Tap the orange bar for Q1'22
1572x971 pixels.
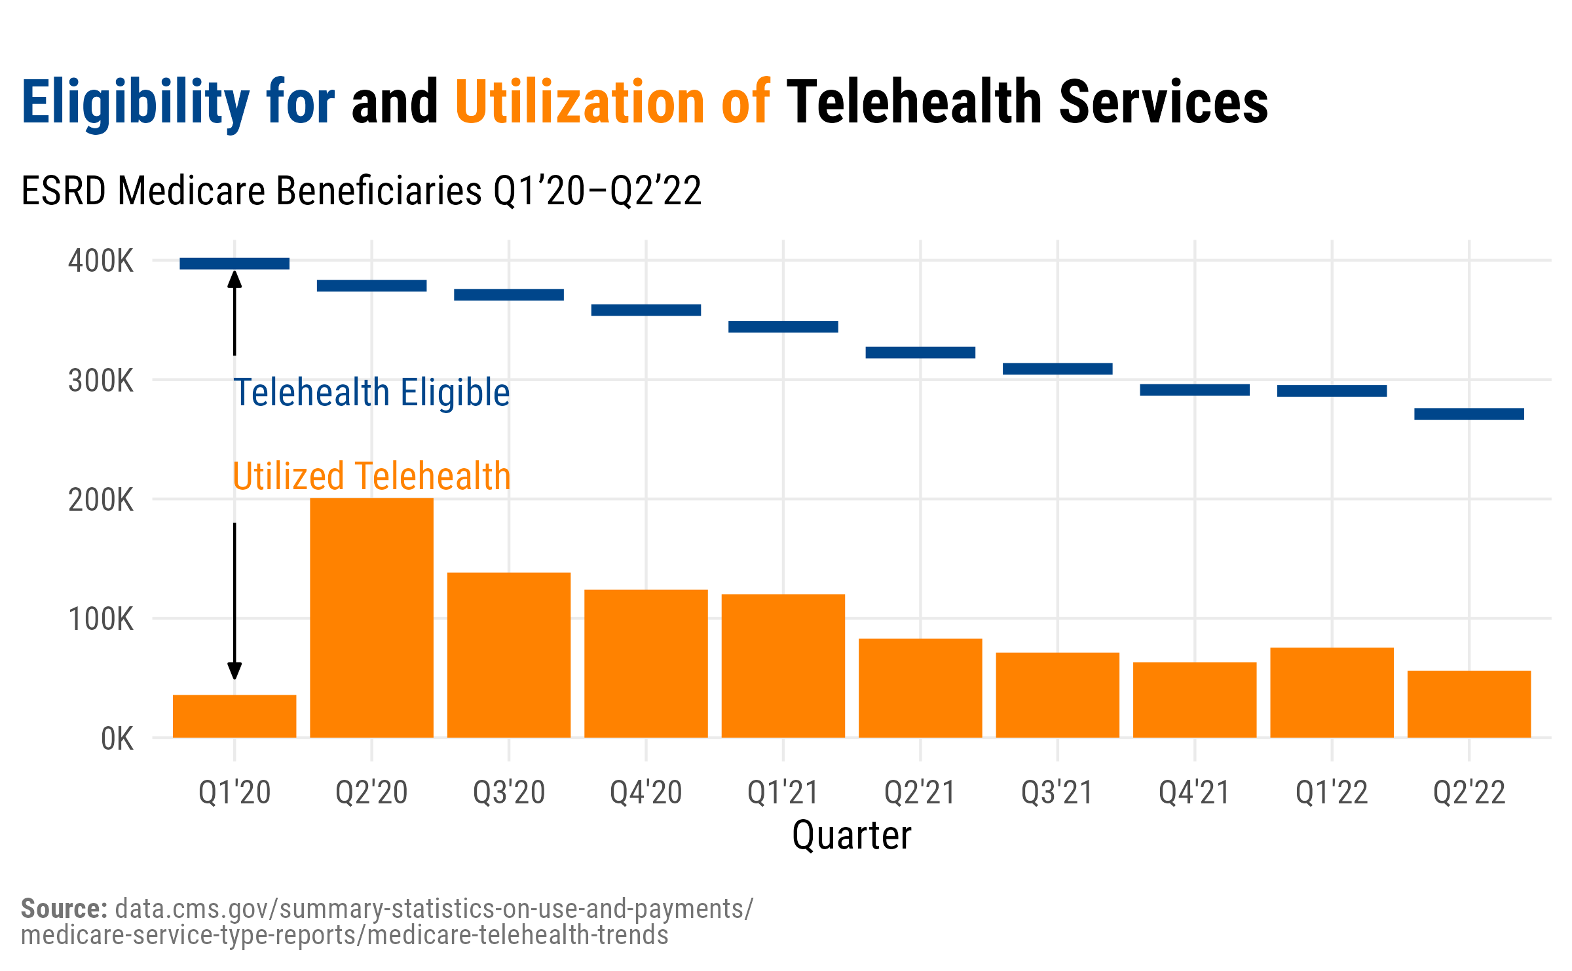pyautogui.click(x=1332, y=692)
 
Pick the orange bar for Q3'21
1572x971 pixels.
pyautogui.click(x=1057, y=695)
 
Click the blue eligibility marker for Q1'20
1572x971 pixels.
pyautogui.click(x=234, y=264)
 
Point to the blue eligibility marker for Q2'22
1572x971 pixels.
pyautogui.click(x=1469, y=414)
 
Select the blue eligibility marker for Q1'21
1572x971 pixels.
pyautogui.click(x=783, y=327)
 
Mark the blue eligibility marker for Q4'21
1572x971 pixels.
pyautogui.click(x=1195, y=390)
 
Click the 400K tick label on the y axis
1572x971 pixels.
pyautogui.click(x=101, y=261)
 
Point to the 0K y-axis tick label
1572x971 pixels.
pyautogui.click(x=117, y=739)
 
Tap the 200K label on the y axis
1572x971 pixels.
pyautogui.click(x=101, y=500)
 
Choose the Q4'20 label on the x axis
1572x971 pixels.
pyautogui.click(x=646, y=793)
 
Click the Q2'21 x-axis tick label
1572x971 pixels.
pyautogui.click(x=920, y=793)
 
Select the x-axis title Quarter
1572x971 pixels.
pyautogui.click(x=851, y=836)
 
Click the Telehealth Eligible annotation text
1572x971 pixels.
pyautogui.click(x=371, y=393)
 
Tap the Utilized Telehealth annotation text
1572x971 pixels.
pyautogui.click(x=371, y=476)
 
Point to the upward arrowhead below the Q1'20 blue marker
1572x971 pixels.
pyautogui.click(x=234, y=280)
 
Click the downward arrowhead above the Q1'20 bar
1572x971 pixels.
pyautogui.click(x=234, y=670)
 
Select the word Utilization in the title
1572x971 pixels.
pyautogui.click(x=579, y=102)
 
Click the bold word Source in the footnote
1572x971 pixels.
pyautogui.click(x=64, y=909)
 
